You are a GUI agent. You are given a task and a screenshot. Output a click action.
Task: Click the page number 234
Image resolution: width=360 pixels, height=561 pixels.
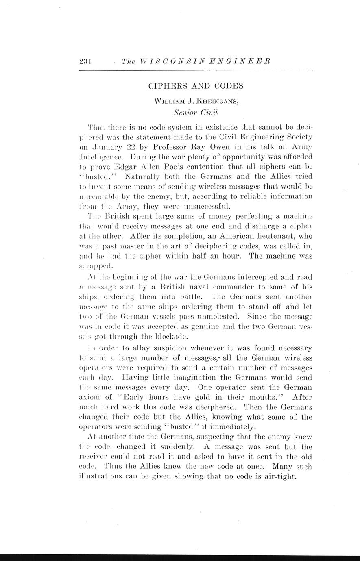click(85, 61)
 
